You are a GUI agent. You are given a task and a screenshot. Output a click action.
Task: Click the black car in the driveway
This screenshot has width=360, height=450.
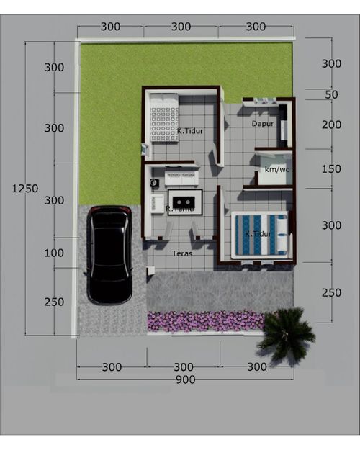coord(109,255)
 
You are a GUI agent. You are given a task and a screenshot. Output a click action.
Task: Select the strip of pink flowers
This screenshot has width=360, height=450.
coord(205,320)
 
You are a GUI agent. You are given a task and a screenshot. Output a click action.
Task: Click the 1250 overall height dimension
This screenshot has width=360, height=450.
coord(25,189)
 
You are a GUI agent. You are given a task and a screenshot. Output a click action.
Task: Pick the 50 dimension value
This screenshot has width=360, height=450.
coord(331,95)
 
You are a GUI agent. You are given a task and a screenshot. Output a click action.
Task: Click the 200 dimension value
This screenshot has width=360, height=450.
coord(331,125)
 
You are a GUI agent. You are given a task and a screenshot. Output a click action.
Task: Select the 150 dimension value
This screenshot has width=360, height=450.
coord(331,169)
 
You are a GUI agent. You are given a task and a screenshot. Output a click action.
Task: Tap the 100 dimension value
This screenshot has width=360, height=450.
coord(54,253)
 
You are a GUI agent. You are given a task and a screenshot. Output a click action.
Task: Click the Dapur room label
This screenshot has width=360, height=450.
coord(263,124)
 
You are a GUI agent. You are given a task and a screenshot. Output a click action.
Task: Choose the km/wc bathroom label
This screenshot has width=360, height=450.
coord(276,169)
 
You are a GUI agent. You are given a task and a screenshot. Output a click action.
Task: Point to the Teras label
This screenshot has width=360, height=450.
coord(182,253)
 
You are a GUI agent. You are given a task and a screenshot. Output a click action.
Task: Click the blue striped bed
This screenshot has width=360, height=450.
coord(259,234)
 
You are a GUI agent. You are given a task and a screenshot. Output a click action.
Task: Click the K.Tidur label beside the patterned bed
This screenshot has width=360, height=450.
coord(191,131)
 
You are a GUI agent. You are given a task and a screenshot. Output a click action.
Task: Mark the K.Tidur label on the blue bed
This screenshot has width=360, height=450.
coord(257,234)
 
